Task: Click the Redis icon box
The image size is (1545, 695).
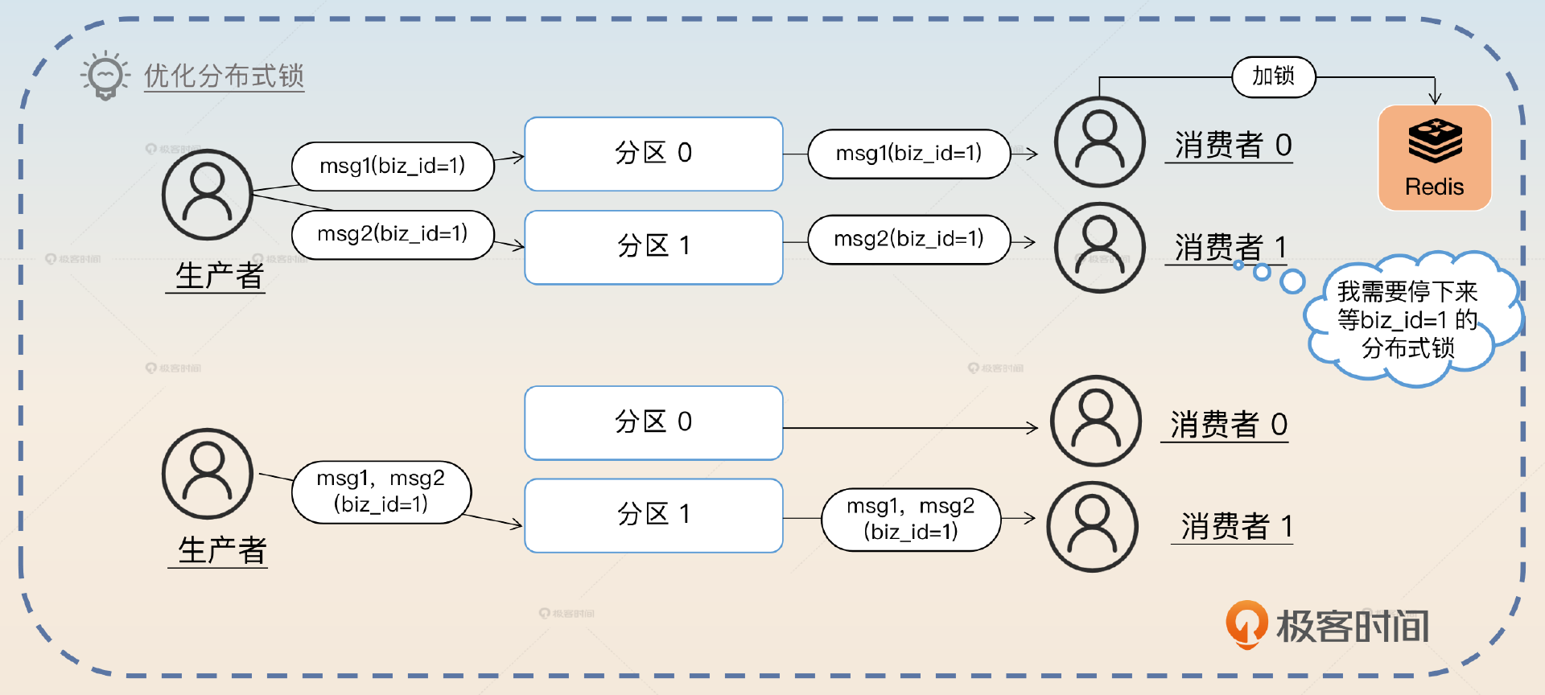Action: coord(1435,158)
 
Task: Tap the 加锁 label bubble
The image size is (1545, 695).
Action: coord(1273,76)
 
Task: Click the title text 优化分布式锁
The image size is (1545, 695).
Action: coord(224,76)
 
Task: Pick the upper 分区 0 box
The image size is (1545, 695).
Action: coord(653,154)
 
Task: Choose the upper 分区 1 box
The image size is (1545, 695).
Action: coord(653,247)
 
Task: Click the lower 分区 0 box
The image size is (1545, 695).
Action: coord(653,422)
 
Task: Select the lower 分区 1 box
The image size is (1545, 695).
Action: coord(653,515)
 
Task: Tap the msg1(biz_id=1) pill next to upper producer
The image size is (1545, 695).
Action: coord(393,166)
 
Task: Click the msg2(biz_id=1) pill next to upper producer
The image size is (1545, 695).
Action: coord(393,234)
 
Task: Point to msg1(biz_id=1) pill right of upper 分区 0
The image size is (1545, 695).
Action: coord(908,154)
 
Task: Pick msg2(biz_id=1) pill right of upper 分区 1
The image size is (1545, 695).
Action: coord(908,239)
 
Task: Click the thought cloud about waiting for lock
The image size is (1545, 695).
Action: coord(1408,319)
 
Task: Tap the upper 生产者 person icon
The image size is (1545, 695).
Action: coord(208,195)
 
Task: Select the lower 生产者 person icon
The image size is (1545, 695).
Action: coord(208,473)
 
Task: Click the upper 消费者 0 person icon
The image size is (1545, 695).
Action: coord(1099,142)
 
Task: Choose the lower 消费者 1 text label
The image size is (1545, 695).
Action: coord(1236,527)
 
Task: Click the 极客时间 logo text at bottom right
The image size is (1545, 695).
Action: coord(1352,627)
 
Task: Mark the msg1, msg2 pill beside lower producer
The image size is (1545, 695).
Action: coord(381,491)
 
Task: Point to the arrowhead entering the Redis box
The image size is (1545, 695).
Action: coord(1435,99)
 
